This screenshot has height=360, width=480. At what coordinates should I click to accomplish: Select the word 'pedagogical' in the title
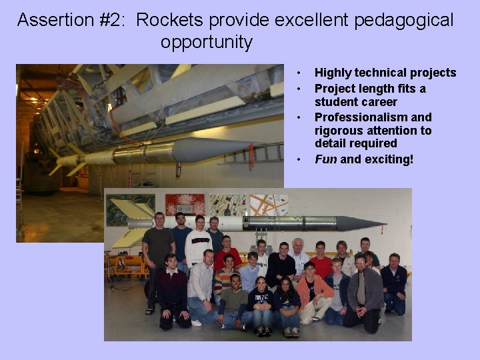403,20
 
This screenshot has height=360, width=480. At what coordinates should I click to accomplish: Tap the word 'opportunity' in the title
207,43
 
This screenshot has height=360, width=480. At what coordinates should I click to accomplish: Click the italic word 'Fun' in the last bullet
325,159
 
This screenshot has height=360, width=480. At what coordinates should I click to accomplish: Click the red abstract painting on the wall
185,205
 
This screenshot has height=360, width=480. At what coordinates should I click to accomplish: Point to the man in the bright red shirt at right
321,262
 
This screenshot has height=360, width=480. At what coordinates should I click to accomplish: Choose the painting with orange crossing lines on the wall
269,204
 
